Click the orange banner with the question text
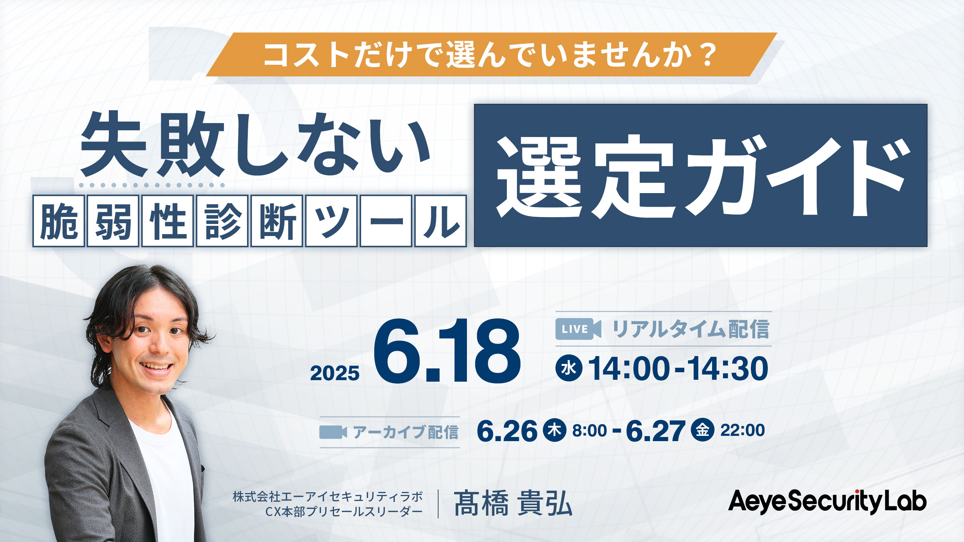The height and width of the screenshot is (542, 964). [491, 55]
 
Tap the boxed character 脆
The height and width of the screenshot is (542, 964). [59, 221]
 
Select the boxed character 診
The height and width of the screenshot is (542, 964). [222, 221]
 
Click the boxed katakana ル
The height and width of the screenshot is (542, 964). [441, 221]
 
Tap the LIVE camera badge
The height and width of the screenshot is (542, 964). [578, 329]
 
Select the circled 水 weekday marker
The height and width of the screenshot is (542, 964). [569, 368]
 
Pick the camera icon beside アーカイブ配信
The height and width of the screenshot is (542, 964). [333, 432]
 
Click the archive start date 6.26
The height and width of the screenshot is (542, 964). [507, 431]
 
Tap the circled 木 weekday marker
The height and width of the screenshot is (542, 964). [554, 430]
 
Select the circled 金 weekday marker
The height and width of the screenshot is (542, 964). [703, 430]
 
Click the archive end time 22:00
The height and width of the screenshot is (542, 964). [743, 430]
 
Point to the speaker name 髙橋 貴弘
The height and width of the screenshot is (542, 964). [513, 503]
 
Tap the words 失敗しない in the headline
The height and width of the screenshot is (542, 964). [255, 145]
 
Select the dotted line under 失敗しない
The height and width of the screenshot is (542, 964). [152, 185]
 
